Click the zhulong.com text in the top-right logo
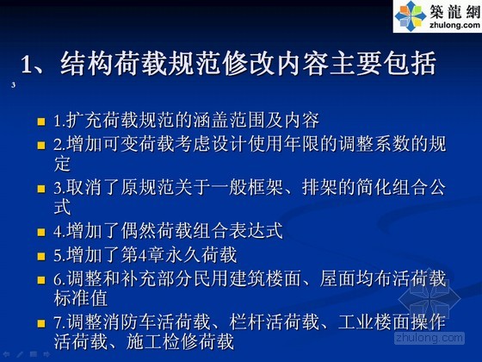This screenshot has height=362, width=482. tap(455, 25)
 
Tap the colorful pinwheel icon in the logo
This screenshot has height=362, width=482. tap(411, 16)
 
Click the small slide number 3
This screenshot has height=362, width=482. tap(13, 85)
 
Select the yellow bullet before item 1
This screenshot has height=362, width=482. tap(41, 122)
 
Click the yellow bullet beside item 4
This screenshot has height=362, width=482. tap(41, 232)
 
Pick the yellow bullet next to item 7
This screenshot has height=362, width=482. tap(41, 323)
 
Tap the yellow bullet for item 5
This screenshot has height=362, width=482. tap(41, 256)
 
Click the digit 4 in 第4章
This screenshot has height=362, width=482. tap(142, 255)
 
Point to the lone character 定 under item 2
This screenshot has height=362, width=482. tap(62, 164)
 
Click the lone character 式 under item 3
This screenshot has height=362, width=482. tap(62, 207)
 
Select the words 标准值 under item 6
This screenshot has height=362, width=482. tap(81, 298)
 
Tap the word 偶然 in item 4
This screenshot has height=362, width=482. tap(139, 231)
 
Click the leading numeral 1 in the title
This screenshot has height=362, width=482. tap(27, 65)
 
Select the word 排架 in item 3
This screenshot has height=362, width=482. tap(319, 187)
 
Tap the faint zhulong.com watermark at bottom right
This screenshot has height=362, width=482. tap(429, 338)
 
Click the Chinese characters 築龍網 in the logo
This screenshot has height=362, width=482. tap(455, 11)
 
